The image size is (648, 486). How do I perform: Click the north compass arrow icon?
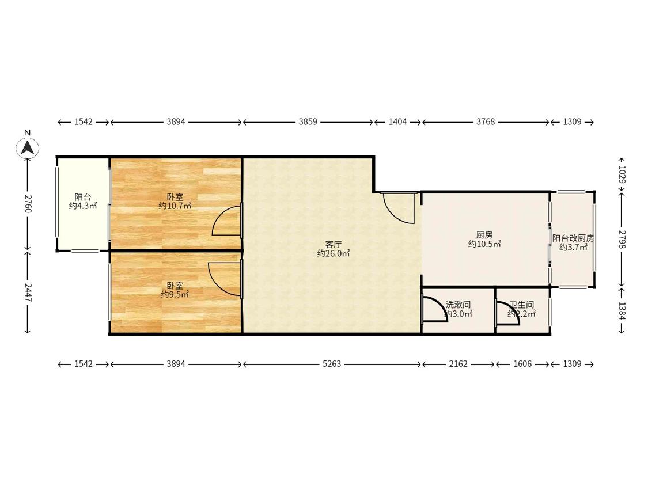pyautogui.click(x=28, y=147)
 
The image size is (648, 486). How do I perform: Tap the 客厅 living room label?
pyautogui.click(x=333, y=245)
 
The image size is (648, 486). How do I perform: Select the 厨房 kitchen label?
pyautogui.click(x=484, y=235)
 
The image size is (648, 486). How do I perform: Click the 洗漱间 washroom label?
pyautogui.click(x=458, y=305)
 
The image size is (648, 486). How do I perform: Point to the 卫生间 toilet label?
pyautogui.click(x=521, y=305)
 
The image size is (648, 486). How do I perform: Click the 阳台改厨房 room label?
pyautogui.click(x=573, y=238)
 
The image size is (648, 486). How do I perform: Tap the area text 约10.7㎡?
pyautogui.click(x=175, y=206)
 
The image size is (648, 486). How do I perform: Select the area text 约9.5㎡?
pyautogui.click(x=175, y=294)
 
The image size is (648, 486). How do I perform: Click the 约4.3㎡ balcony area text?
pyautogui.click(x=82, y=206)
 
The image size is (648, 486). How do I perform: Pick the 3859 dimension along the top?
pyautogui.click(x=308, y=122)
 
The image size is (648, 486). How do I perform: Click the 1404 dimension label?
pyautogui.click(x=397, y=122)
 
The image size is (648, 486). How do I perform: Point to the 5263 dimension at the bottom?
pyautogui.click(x=332, y=364)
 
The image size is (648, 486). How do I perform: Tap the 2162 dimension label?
pyautogui.click(x=458, y=364)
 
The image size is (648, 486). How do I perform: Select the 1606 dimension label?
pyautogui.click(x=522, y=364)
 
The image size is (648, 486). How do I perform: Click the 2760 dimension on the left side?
pyautogui.click(x=28, y=203)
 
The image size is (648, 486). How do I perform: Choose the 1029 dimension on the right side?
pyautogui.click(x=622, y=174)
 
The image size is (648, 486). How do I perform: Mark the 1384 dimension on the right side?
pyautogui.click(x=622, y=310)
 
